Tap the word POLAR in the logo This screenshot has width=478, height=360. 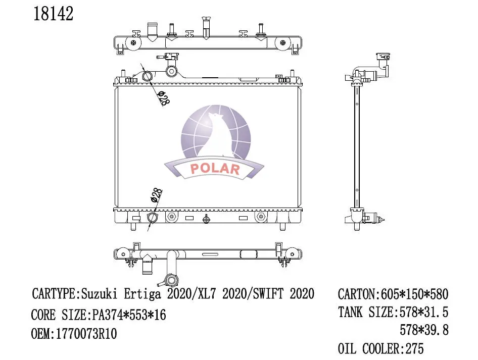tap(215, 169)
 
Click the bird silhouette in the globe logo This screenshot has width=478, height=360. tap(219, 132)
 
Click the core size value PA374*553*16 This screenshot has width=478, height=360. tap(129, 315)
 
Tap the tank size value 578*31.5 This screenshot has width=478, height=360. tap(423, 313)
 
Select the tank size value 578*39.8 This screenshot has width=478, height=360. tap(423, 330)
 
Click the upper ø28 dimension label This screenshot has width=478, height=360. tap(163, 98)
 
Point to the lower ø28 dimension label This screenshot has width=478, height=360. tap(157, 195)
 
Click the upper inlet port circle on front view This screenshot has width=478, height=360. tap(147, 77)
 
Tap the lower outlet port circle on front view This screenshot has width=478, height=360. tap(152, 218)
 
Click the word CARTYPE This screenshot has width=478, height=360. tap(54, 293)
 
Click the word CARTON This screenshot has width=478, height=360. tap(356, 294)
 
